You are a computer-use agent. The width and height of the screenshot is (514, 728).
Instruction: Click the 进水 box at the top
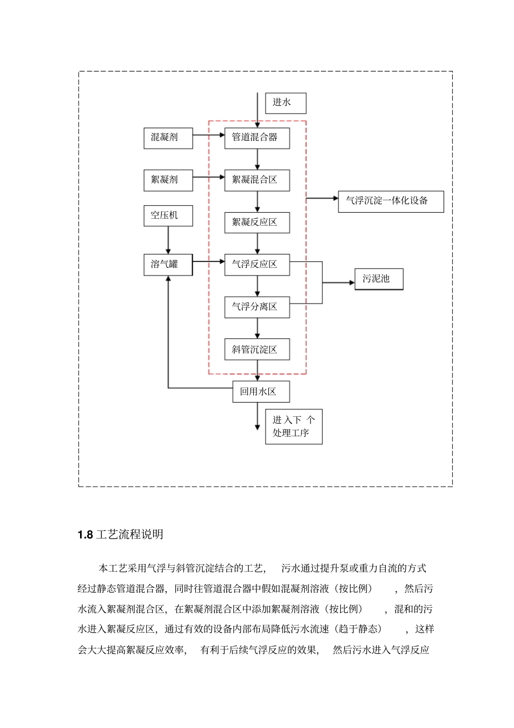coord(286,103)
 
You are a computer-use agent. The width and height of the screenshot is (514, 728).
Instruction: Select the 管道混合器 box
coord(257,137)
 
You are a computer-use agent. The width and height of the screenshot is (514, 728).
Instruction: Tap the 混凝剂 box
coord(168,137)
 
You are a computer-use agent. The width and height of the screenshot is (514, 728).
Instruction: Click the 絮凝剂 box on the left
coord(168,180)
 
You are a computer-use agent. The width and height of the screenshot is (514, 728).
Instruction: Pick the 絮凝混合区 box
coord(257,180)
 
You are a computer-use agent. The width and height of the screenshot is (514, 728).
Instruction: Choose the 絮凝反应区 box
coord(257,222)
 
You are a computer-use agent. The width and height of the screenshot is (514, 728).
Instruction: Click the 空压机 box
coord(168,215)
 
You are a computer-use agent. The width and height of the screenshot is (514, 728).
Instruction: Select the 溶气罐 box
coord(168,265)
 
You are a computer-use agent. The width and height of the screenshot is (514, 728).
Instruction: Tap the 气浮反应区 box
coord(257,265)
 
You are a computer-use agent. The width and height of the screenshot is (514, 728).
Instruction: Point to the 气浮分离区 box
coord(257,307)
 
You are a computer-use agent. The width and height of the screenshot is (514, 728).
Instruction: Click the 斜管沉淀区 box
coord(257,350)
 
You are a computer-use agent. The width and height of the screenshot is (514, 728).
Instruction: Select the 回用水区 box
coord(261,392)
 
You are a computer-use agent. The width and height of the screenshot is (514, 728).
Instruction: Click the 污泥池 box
coord(379,279)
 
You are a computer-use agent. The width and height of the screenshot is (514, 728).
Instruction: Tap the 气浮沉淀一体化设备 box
coord(391,201)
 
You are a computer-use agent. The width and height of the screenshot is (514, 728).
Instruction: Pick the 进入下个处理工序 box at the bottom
coord(294,427)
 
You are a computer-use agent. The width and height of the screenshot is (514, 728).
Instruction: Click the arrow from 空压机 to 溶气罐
coord(168,240)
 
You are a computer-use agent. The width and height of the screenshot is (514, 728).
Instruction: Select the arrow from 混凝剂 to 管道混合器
coord(208,135)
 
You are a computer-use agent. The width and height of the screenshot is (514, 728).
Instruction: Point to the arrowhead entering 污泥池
coord(351,283)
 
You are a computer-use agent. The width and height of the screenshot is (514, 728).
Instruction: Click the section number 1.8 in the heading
coord(85,535)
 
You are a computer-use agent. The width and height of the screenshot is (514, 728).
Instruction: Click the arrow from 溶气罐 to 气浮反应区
coord(208,262)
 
